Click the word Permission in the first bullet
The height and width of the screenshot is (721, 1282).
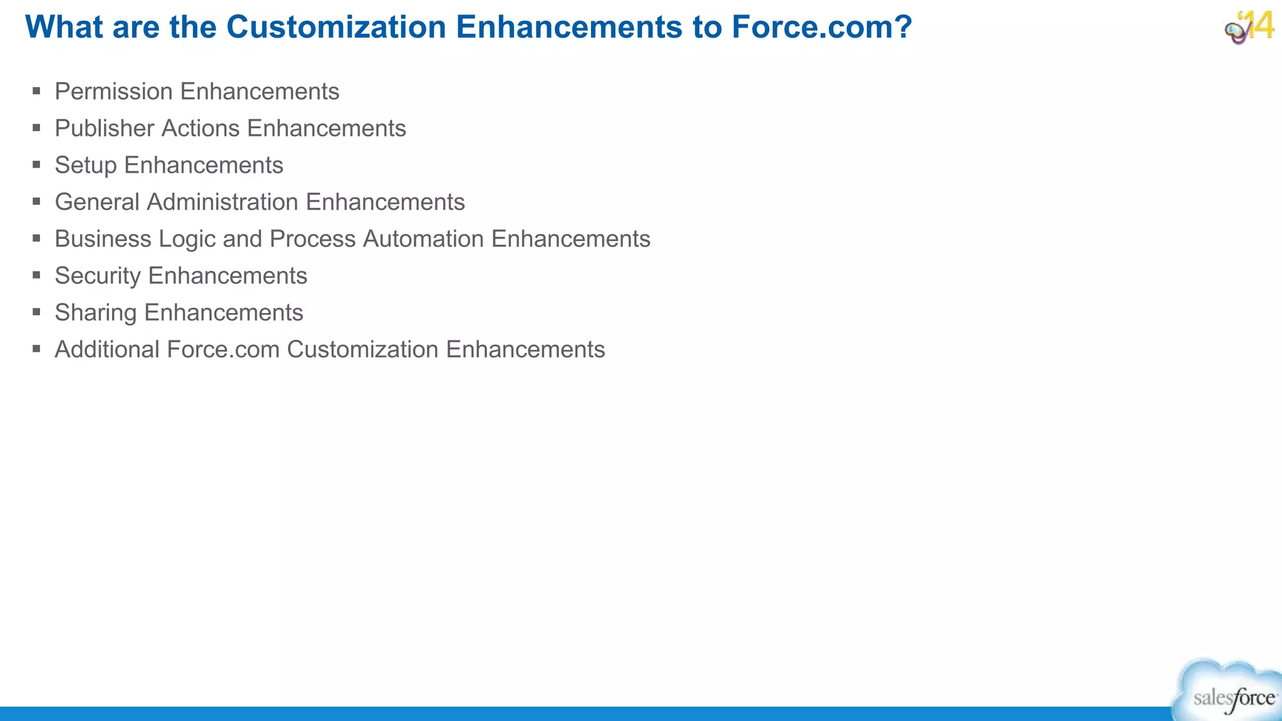click(x=113, y=91)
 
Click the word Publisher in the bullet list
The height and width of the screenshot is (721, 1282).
click(x=104, y=128)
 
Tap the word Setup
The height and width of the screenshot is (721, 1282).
click(x=86, y=166)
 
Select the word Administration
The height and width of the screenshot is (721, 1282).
click(x=222, y=202)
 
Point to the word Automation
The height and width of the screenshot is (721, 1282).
click(x=423, y=239)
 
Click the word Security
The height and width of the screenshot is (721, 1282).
click(x=98, y=277)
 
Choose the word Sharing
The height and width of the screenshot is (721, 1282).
click(x=96, y=313)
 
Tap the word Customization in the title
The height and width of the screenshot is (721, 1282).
click(x=336, y=27)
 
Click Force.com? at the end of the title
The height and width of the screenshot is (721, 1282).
click(x=821, y=27)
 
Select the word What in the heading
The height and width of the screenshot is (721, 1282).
click(x=64, y=27)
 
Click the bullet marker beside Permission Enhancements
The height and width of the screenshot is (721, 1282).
click(x=37, y=91)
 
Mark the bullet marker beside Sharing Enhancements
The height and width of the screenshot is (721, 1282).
click(x=37, y=312)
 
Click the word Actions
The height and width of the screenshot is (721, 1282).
click(x=200, y=128)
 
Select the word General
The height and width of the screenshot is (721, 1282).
click(x=97, y=202)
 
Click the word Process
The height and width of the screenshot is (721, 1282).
click(x=312, y=239)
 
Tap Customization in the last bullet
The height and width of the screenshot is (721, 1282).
click(x=362, y=350)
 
